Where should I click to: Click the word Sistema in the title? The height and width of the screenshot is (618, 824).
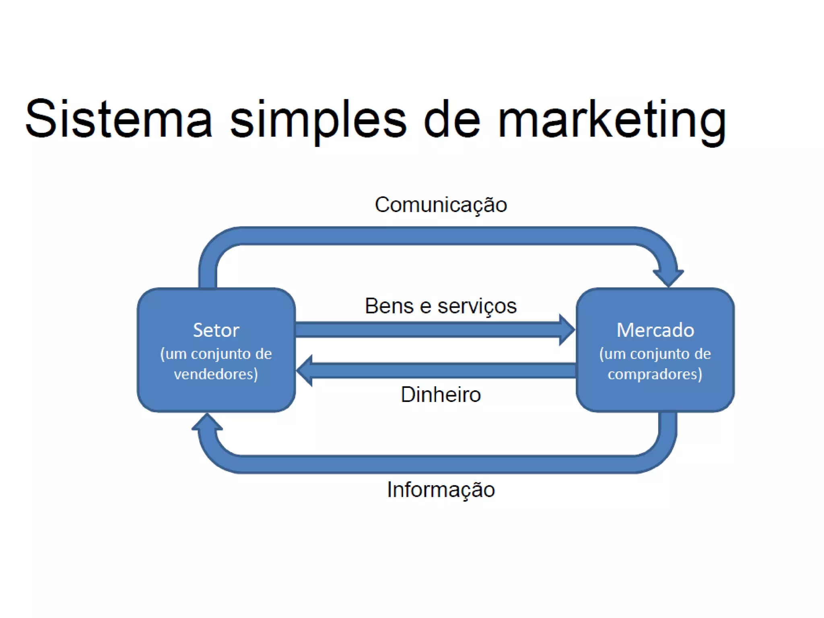pyautogui.click(x=118, y=119)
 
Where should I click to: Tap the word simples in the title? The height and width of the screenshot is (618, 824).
pyautogui.click(x=318, y=121)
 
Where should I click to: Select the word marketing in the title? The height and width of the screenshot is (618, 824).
pyautogui.click(x=612, y=121)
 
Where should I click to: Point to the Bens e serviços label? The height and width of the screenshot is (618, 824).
pyautogui.click(x=441, y=306)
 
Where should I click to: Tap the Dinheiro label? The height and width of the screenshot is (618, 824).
pyautogui.click(x=441, y=395)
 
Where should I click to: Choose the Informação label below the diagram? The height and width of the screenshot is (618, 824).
pyautogui.click(x=441, y=490)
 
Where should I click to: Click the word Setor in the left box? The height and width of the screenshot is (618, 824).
pyautogui.click(x=216, y=330)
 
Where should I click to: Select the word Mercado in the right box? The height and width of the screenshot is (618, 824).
pyautogui.click(x=655, y=330)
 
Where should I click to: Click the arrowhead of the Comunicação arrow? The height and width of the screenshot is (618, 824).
pyautogui.click(x=668, y=278)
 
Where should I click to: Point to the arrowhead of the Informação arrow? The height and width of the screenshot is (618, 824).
pyautogui.click(x=207, y=422)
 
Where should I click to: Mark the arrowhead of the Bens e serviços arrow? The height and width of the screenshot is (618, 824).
pyautogui.click(x=566, y=330)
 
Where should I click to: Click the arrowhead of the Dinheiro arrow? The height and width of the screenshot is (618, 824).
pyautogui.click(x=305, y=371)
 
